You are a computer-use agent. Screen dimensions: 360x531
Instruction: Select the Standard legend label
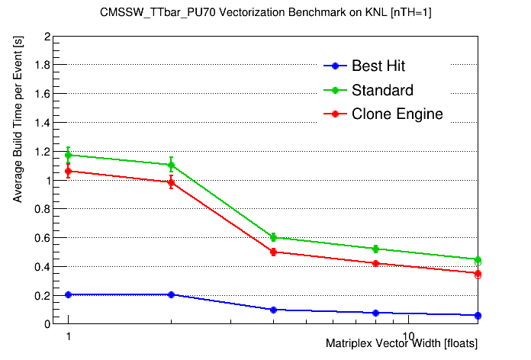click(x=382, y=90)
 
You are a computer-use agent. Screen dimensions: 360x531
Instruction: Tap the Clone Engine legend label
click(x=397, y=114)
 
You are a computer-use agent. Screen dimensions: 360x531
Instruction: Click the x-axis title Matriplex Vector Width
click(x=401, y=344)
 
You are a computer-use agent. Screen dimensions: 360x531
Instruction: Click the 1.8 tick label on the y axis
click(x=41, y=66)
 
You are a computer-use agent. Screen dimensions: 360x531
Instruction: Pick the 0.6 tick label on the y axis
click(x=41, y=238)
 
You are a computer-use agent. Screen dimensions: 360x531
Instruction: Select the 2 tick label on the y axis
click(x=47, y=37)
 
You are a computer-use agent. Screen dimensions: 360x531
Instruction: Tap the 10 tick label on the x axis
click(x=408, y=336)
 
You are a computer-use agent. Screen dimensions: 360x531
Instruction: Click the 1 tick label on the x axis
click(x=69, y=336)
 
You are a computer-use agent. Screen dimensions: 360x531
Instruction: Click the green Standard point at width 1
click(x=69, y=155)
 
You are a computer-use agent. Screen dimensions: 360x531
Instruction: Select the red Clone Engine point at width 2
click(x=171, y=182)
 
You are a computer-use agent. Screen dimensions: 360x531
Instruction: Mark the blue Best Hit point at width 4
click(x=273, y=310)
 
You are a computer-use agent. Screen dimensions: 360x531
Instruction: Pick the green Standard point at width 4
click(x=273, y=238)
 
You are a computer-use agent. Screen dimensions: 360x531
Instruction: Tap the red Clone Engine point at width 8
click(x=375, y=263)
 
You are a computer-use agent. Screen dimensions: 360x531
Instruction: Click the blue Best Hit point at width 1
click(x=69, y=294)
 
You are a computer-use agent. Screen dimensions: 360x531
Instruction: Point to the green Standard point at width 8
click(x=375, y=249)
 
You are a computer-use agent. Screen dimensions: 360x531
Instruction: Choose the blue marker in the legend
click(x=333, y=66)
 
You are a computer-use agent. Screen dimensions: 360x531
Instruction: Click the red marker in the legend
click(x=333, y=114)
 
